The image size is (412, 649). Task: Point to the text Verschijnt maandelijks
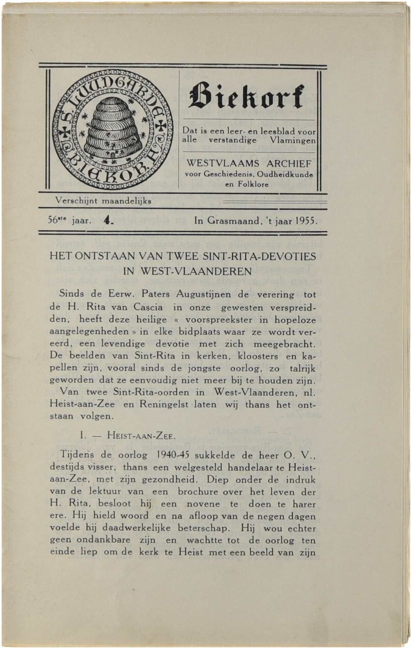(103, 201)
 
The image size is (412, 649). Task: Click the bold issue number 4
(108, 220)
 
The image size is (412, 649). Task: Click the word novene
(203, 504)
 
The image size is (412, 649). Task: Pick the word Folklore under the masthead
(247, 185)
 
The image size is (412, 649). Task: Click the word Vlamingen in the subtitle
(292, 140)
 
